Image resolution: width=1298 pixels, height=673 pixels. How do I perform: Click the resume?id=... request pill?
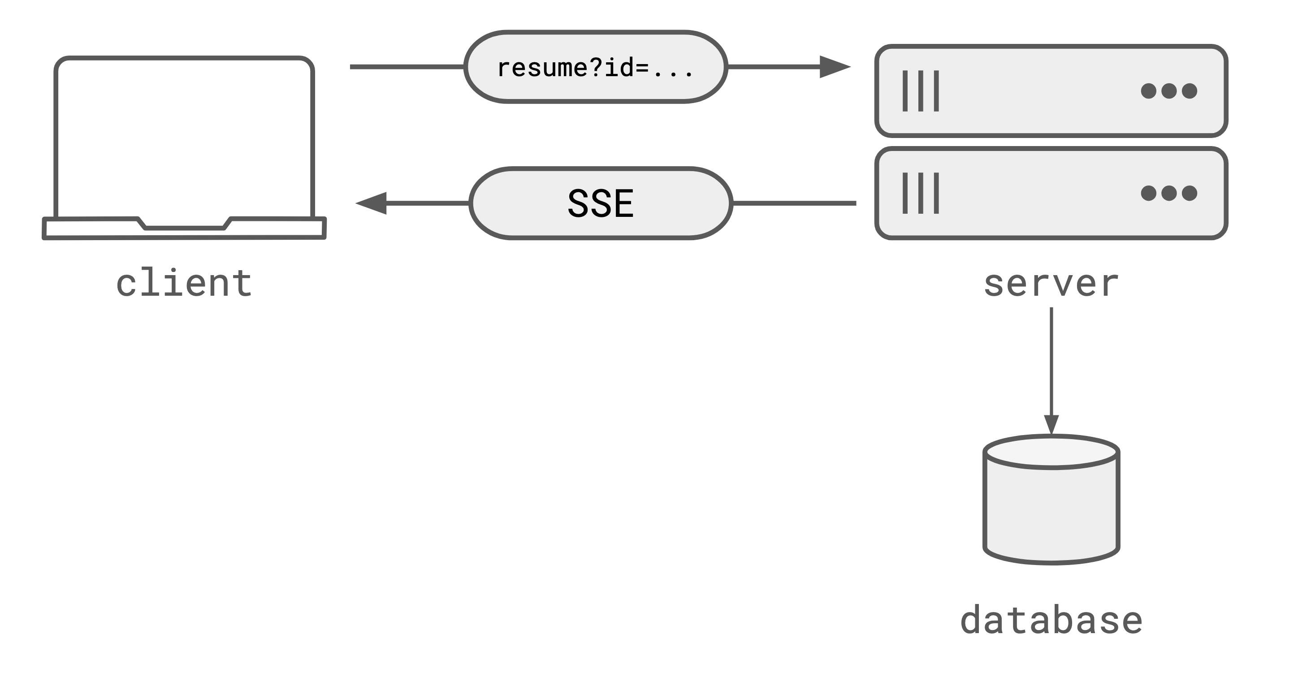pos(595,67)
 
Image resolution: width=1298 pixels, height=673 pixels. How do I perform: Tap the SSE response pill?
pos(600,203)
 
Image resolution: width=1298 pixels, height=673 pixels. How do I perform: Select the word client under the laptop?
pos(184,283)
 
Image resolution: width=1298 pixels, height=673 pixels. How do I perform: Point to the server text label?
pos(1051,283)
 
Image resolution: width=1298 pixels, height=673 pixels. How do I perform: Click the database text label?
pos(1051,621)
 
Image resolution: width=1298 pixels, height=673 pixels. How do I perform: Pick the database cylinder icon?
pos(1051,509)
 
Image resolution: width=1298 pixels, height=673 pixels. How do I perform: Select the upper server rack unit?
pos(1051,91)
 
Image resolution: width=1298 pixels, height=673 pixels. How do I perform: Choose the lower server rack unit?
pos(1051,193)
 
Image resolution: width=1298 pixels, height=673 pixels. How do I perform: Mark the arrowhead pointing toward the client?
pos(372,203)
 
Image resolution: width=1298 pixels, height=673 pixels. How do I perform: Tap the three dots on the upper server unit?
pos(1169,91)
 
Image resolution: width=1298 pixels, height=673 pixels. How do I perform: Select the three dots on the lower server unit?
pos(1169,193)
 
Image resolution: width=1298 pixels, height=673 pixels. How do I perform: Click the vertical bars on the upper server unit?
pos(921,91)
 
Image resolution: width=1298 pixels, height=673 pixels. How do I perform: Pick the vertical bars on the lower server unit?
pos(921,193)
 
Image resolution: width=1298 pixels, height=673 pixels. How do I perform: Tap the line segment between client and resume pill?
pos(406,66)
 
